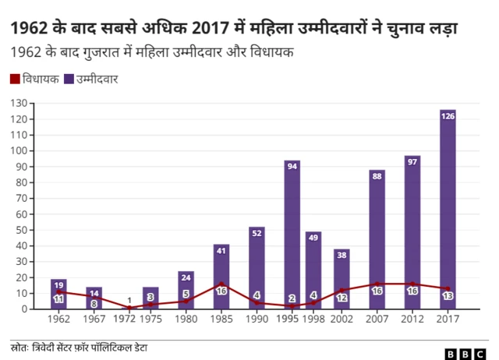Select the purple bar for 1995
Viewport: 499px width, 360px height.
[292, 234]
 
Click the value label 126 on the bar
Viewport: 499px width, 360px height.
[448, 116]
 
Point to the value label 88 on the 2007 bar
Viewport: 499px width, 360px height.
[377, 176]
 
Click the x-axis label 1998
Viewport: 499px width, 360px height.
[313, 319]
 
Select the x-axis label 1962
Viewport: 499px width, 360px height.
[59, 319]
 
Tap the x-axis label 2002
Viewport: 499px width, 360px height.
[342, 319]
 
